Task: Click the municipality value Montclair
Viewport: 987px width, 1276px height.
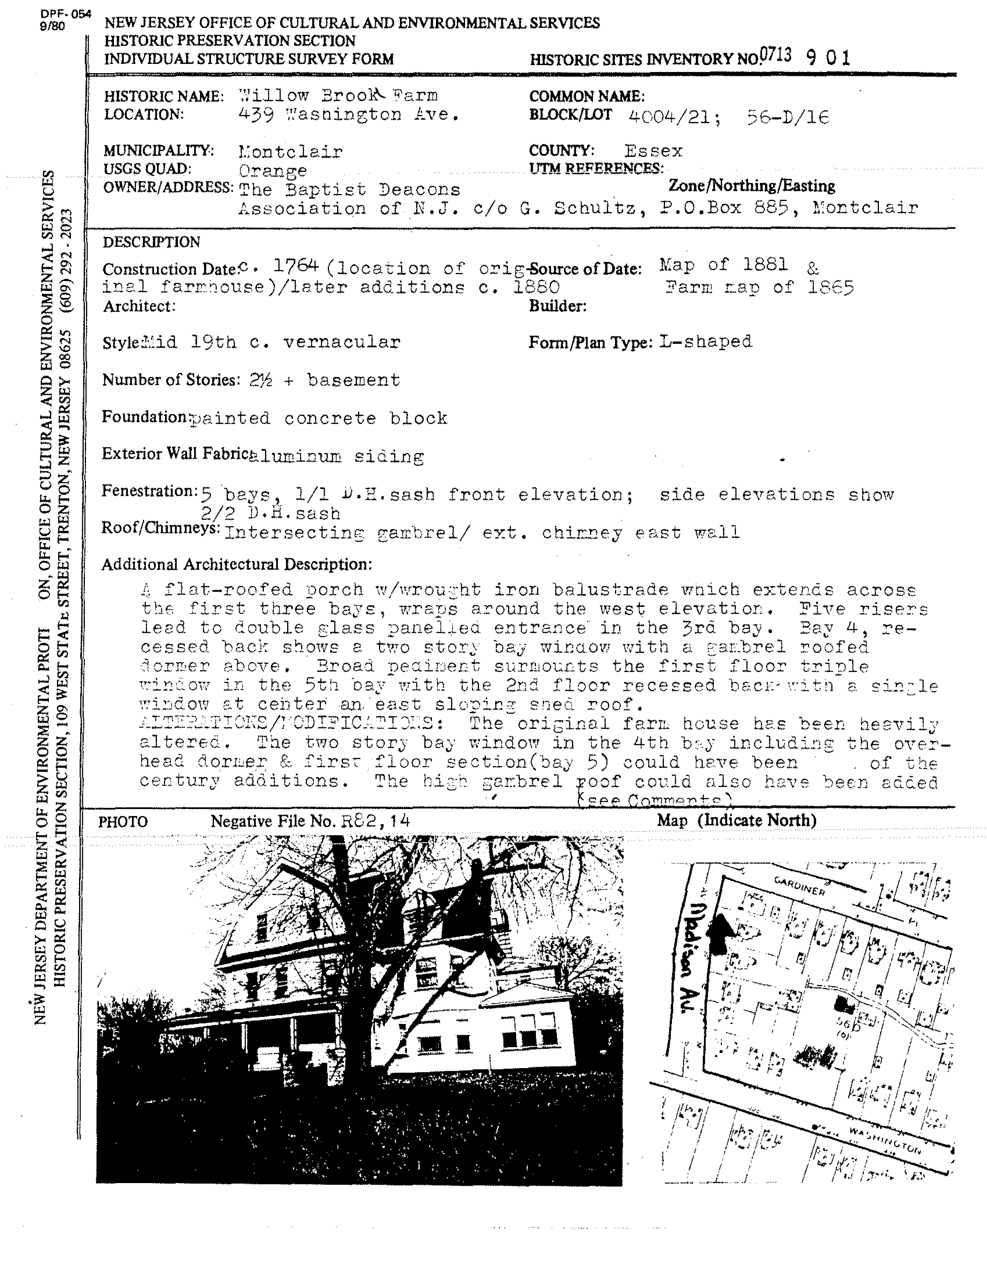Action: (291, 152)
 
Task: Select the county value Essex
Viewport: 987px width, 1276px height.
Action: (653, 151)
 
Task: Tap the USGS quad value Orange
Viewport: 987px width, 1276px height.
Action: (272, 171)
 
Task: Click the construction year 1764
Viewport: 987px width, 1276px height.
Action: (296, 266)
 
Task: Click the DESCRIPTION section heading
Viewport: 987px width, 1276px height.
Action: (152, 242)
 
